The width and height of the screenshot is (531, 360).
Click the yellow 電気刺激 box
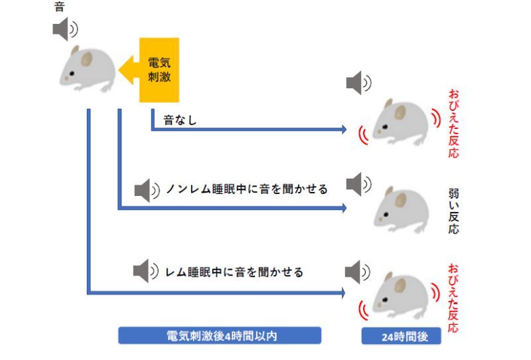coord(159,69)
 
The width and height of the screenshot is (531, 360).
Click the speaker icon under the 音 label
coord(65,29)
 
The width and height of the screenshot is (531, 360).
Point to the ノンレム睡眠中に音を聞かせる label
coord(247,189)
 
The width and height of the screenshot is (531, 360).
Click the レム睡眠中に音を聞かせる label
coord(234,272)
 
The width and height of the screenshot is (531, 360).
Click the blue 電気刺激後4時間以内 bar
coord(220,336)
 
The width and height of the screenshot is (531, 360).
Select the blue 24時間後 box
coord(402,336)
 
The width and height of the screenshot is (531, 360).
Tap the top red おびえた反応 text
coord(453,123)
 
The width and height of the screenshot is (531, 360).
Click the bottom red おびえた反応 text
coord(453,298)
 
